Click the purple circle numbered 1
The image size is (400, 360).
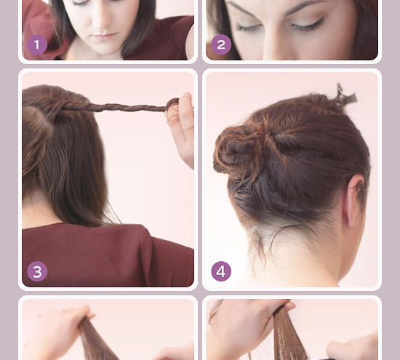click(37, 44)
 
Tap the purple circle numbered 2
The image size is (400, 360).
click(221, 44)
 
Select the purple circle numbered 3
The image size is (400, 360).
click(37, 271)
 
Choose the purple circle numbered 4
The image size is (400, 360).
click(221, 271)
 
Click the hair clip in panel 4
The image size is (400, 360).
click(345, 96)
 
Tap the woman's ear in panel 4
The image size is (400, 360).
click(353, 200)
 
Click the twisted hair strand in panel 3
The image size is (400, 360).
click(115, 107)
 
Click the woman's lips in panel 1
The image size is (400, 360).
click(105, 36)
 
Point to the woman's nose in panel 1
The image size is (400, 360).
click(101, 18)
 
